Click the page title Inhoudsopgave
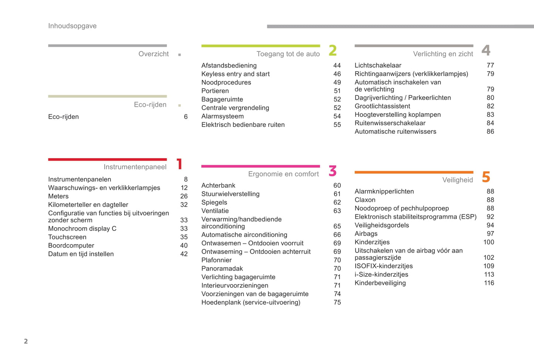(x=72, y=26)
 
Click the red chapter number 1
(x=180, y=164)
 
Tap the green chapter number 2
(x=333, y=51)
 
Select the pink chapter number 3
(x=333, y=171)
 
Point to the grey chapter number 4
(x=486, y=50)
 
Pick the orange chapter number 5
(x=486, y=177)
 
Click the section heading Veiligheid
(x=458, y=180)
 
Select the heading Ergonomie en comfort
(x=283, y=174)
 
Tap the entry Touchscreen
(x=67, y=237)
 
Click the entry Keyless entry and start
(x=235, y=74)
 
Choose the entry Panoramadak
(x=222, y=269)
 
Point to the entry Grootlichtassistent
(x=382, y=106)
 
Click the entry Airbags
(x=366, y=234)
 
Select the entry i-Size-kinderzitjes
(x=381, y=275)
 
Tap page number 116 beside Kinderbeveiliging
(x=489, y=283)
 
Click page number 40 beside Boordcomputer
(x=184, y=246)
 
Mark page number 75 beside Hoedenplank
(x=337, y=303)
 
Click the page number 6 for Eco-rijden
(x=186, y=117)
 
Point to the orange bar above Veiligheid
(x=414, y=172)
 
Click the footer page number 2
(x=26, y=341)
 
